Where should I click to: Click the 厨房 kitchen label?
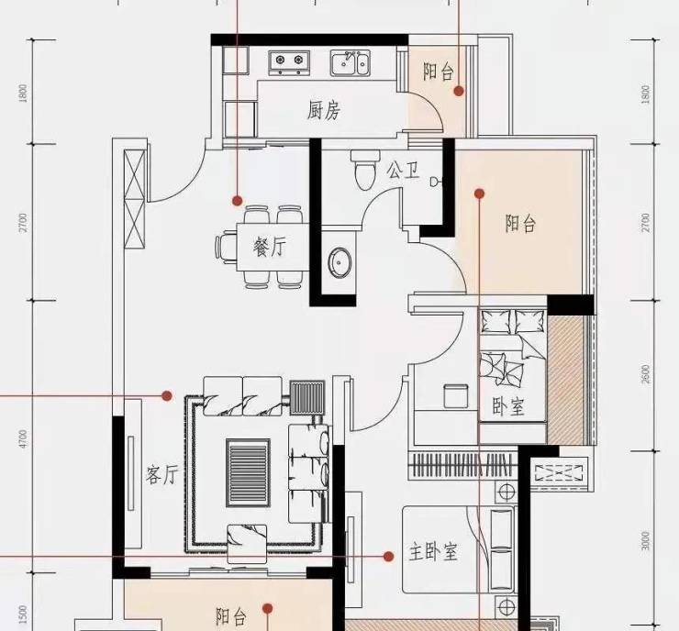324,110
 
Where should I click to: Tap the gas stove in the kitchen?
289,61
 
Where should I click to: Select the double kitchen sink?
351,62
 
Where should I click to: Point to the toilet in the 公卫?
363,170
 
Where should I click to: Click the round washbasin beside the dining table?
339,261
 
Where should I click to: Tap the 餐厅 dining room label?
270,247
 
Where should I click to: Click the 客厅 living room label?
161,474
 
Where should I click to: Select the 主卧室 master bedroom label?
433,552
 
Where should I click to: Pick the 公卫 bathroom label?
404,170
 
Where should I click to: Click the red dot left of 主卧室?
388,557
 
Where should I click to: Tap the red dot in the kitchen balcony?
459,91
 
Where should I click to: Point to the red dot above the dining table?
237,200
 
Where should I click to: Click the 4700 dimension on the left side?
23,438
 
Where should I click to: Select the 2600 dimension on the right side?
646,374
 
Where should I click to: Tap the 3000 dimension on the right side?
646,541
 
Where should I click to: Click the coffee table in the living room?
248,472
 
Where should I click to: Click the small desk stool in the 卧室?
456,395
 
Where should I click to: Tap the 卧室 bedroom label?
508,406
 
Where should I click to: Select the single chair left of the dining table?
226,247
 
